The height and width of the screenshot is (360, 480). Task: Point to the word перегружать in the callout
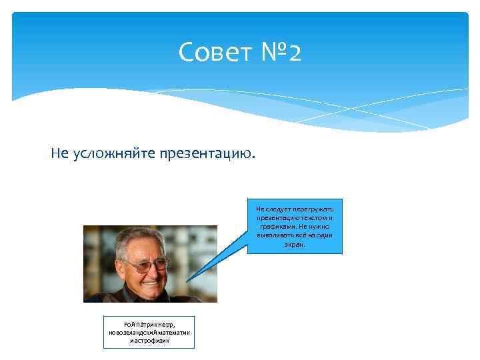(x=318, y=209)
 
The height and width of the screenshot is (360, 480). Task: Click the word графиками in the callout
(x=275, y=227)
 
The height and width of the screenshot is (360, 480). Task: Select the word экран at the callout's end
(x=293, y=245)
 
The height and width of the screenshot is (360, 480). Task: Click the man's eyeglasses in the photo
(x=143, y=264)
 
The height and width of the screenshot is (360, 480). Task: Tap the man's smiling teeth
(x=149, y=281)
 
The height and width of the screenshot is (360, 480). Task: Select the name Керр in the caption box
(x=167, y=324)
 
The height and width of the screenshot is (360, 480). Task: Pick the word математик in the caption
(x=172, y=332)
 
